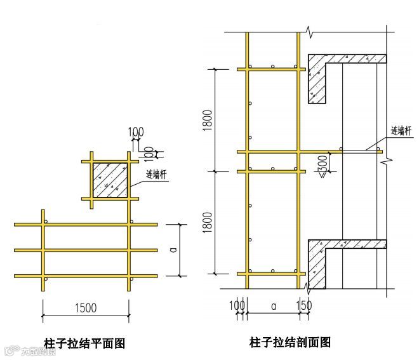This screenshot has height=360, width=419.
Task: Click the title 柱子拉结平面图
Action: pyautogui.click(x=84, y=343)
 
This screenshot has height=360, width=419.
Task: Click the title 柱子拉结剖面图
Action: pyautogui.click(x=290, y=342)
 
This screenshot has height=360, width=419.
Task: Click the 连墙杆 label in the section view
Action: pyautogui.click(x=402, y=131)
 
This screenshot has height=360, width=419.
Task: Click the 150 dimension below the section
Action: pyautogui.click(x=305, y=305)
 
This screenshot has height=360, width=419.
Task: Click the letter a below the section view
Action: pyautogui.click(x=274, y=306)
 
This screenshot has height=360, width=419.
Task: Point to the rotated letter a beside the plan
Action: pyautogui.click(x=173, y=250)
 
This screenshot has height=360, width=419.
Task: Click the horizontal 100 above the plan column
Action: pyautogui.click(x=136, y=133)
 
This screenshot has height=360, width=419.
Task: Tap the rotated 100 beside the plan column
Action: pyautogui.click(x=149, y=153)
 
